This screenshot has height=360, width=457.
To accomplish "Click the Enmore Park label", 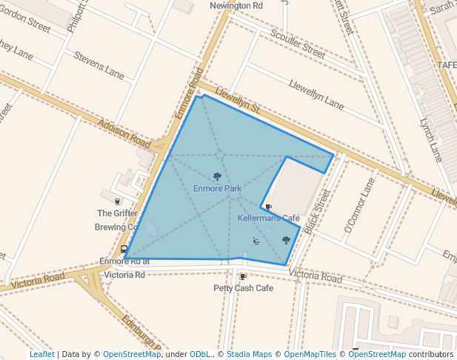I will pyautogui.click(x=217, y=189).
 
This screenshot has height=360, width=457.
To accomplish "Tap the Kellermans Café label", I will pyautogui.click(x=268, y=219).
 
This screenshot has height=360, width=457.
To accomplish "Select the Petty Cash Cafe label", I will pyautogui.click(x=243, y=287).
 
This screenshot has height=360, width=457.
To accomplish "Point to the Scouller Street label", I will pyautogui.click(x=298, y=45).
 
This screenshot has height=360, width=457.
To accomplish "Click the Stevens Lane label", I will pyautogui.click(x=99, y=64).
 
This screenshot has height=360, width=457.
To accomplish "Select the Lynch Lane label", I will pyautogui.click(x=430, y=141).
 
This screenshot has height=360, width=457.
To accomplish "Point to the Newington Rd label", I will pyautogui.click(x=236, y=5).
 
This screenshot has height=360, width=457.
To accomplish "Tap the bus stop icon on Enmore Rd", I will pyautogui.click(x=124, y=250).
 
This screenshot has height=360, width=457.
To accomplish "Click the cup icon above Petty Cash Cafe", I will pyautogui.click(x=243, y=276).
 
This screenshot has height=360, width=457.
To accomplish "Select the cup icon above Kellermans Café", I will pyautogui.click(x=268, y=207).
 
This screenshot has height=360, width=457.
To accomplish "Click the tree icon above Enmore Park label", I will pyautogui.click(x=217, y=176).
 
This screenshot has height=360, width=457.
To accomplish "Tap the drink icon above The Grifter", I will pyautogui.click(x=117, y=201).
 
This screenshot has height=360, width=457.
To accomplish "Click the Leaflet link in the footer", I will pyautogui.click(x=41, y=354).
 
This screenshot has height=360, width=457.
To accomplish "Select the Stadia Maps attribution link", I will pyautogui.click(x=249, y=354).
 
